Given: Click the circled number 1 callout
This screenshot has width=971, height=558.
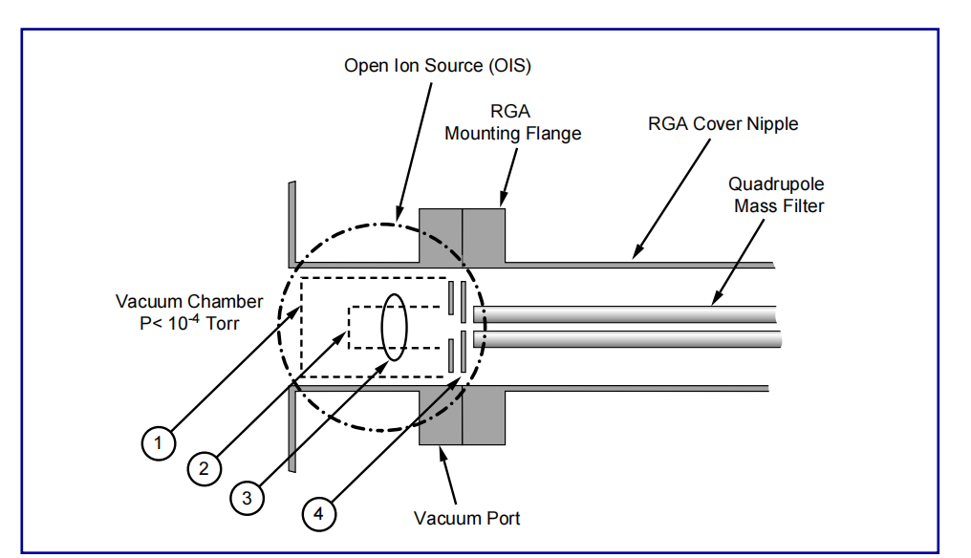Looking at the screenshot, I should click(158, 442).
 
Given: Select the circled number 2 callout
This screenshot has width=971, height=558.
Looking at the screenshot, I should click(204, 468).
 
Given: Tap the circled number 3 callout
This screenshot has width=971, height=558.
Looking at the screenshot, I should click(247, 498).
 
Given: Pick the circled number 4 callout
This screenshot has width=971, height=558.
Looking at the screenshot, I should click(318, 513).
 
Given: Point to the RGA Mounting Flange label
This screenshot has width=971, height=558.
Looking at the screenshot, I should click(513, 123).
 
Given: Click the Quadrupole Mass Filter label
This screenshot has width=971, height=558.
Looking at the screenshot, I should click(776, 194).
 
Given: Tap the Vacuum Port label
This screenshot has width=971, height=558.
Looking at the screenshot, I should click(467, 518).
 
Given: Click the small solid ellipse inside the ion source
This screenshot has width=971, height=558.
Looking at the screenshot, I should click(395, 326).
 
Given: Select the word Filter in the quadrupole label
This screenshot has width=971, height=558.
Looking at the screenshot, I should click(801, 204).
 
